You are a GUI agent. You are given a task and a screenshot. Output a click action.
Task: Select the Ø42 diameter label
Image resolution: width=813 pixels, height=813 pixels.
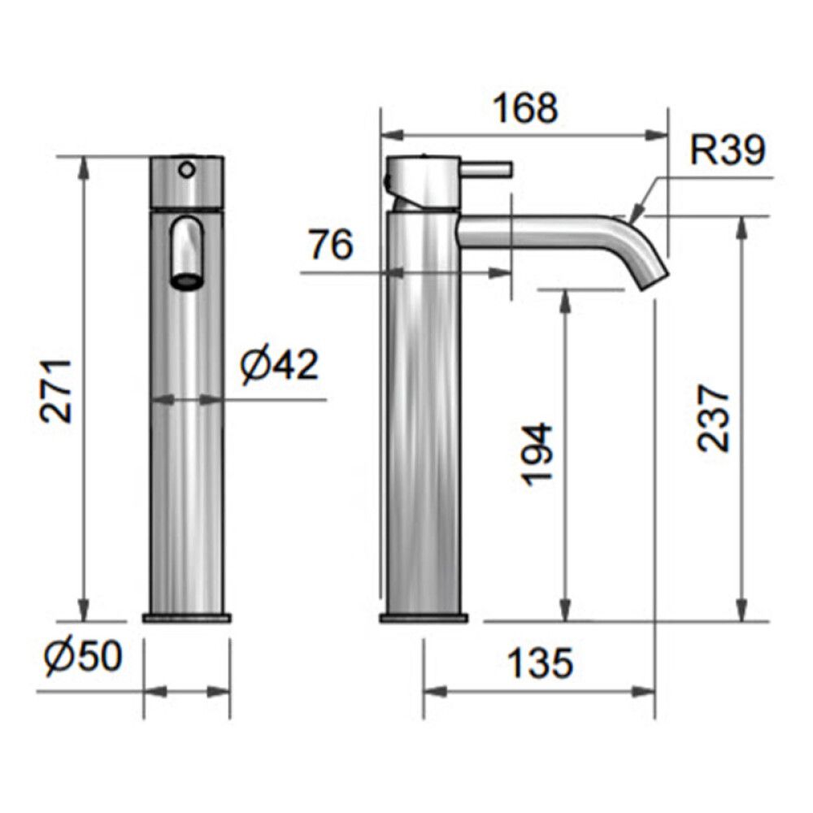tap(278, 365)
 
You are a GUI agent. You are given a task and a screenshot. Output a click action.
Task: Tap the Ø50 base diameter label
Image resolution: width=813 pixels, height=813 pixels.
tap(84, 656)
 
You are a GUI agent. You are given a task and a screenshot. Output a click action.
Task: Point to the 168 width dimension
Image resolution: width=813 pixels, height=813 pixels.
tap(524, 108)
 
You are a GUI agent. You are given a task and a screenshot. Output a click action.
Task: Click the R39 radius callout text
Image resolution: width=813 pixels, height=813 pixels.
tap(728, 150)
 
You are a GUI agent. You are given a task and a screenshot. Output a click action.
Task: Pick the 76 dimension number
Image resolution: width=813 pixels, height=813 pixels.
tap(331, 245)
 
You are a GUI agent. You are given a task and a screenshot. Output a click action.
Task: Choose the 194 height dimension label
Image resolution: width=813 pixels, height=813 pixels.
tap(537, 455)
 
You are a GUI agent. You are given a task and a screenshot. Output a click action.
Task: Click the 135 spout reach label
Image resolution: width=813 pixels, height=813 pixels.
tap(540, 663)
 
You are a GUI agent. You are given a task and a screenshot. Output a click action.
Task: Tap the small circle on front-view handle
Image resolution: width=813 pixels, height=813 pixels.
tap(187, 169)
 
